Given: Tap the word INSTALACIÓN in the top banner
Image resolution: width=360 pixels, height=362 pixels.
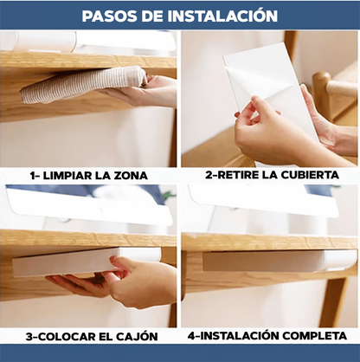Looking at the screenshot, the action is coord(222,16).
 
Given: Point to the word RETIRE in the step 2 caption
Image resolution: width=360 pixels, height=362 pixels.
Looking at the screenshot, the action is coord(237,175).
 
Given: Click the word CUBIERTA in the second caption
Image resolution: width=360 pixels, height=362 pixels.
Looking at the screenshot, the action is coord(310,175).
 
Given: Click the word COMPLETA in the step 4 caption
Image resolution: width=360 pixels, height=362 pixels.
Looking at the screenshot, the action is coord(314,336).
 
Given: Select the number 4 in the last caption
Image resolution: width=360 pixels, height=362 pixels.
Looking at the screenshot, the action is coord(191,336).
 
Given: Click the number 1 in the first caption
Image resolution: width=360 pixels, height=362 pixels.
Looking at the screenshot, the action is coord(33,176).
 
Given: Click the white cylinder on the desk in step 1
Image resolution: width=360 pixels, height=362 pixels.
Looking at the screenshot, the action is coord(46,41).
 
